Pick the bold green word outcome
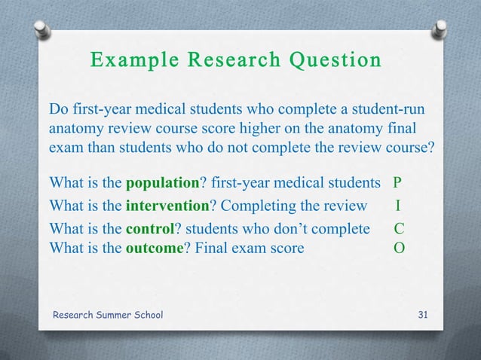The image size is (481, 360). pyautogui.click(x=155, y=246)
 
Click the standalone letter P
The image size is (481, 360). pyautogui.click(x=397, y=183)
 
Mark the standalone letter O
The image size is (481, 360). pyautogui.click(x=397, y=246)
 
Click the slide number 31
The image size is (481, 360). pyautogui.click(x=423, y=315)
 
